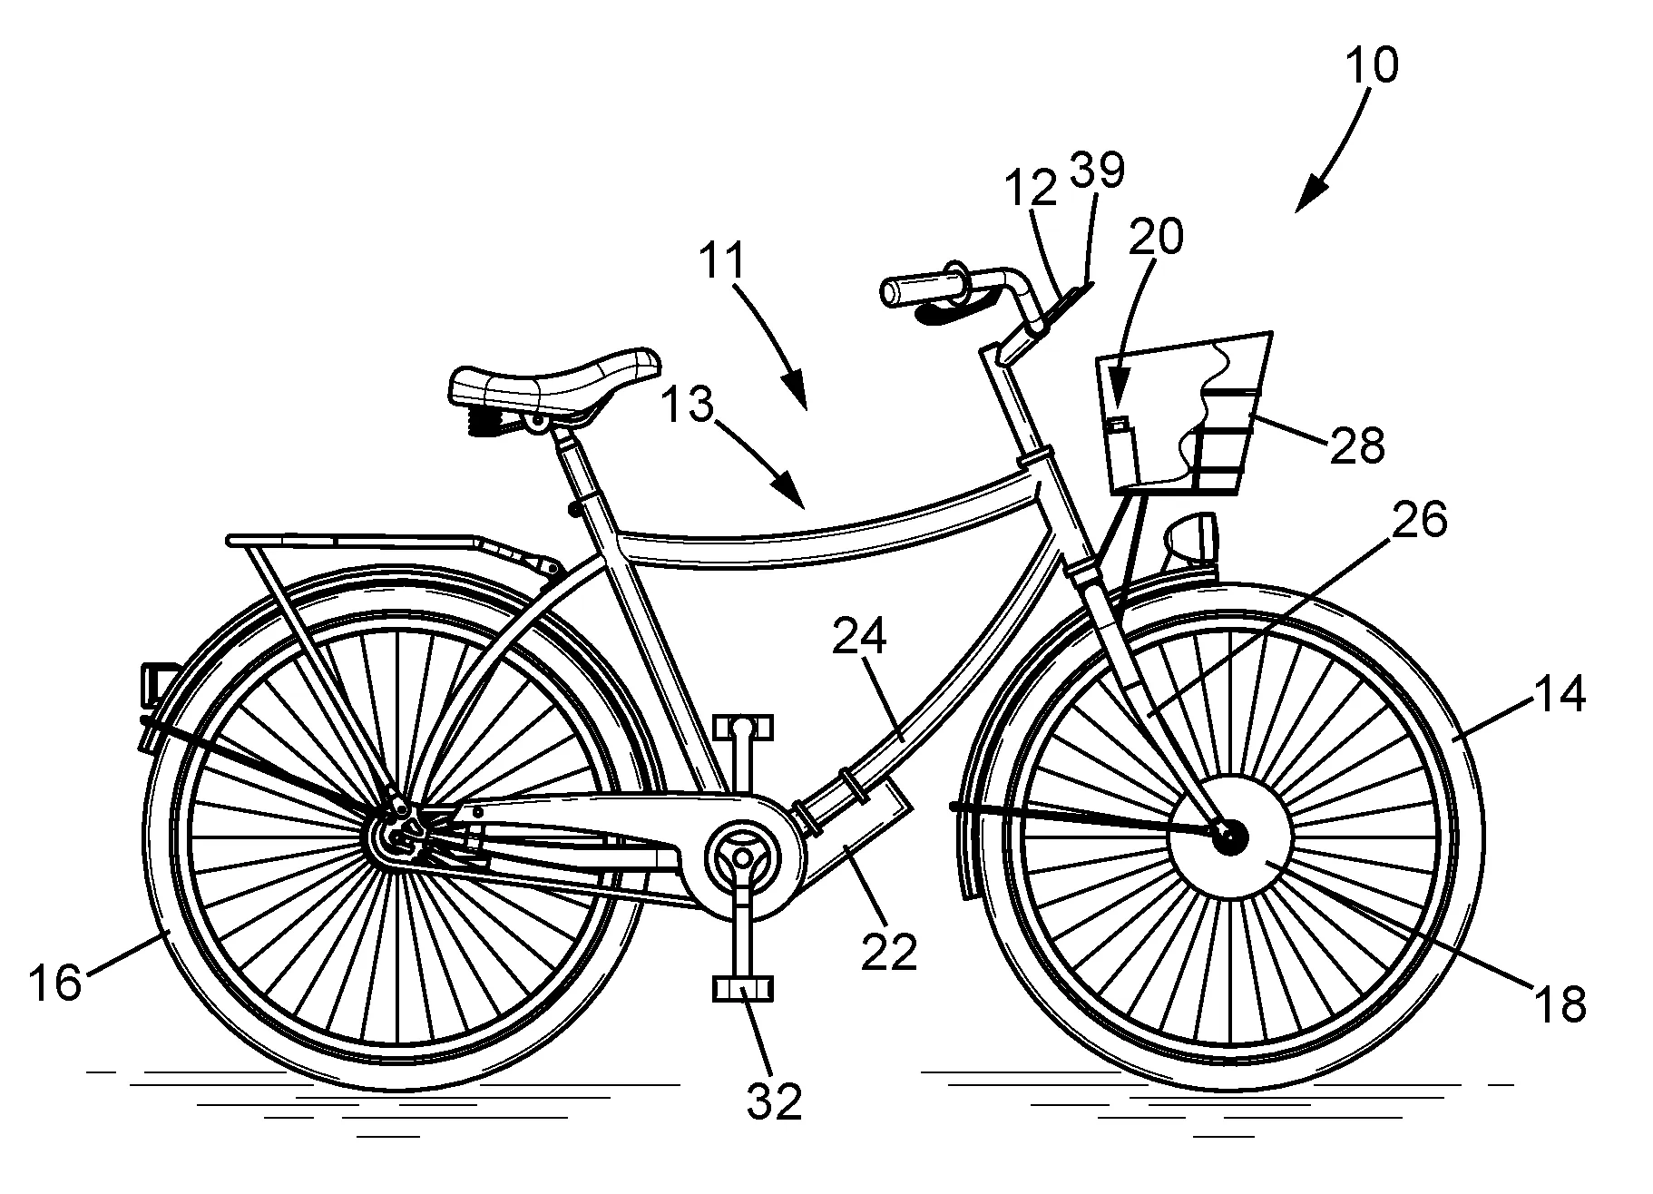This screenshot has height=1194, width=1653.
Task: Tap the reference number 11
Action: pyautogui.click(x=722, y=260)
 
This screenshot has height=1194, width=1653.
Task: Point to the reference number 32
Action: pyautogui.click(x=774, y=1101)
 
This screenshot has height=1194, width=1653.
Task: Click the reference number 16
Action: pyautogui.click(x=55, y=982)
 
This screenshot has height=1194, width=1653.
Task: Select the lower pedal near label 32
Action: pyautogui.click(x=744, y=988)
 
